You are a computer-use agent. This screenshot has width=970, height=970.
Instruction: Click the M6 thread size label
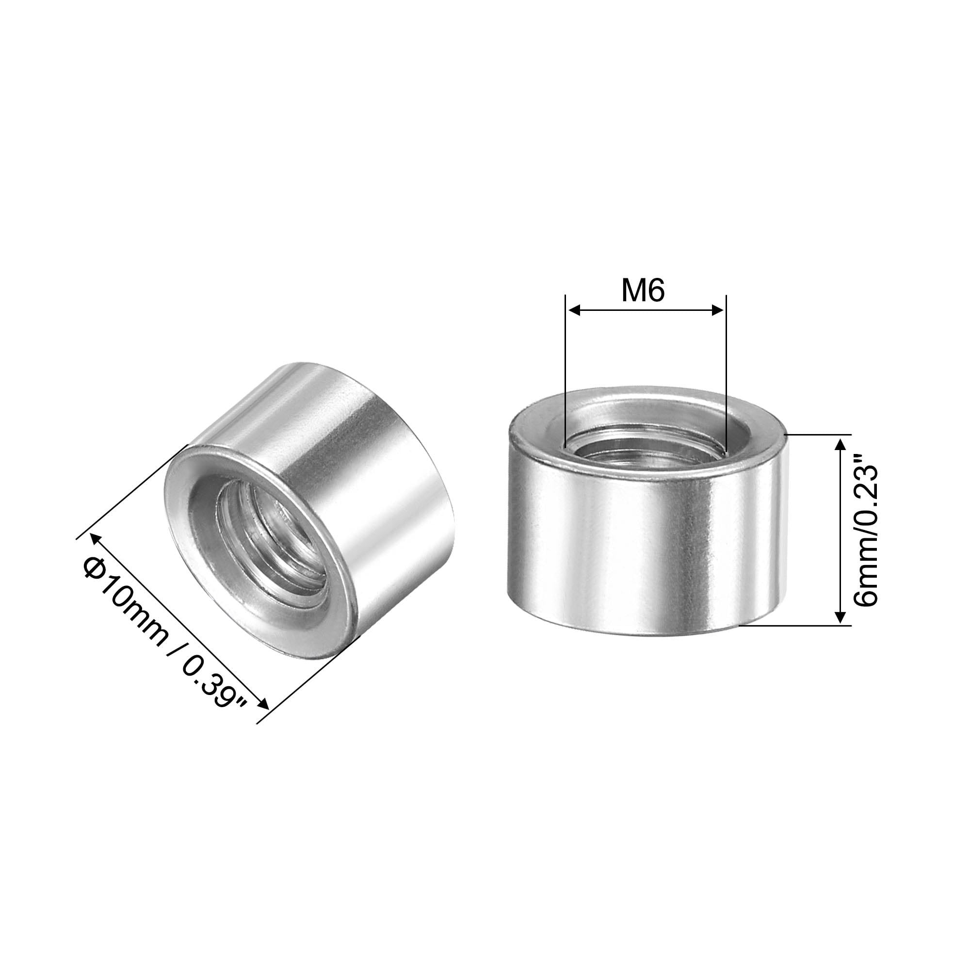coord(643,290)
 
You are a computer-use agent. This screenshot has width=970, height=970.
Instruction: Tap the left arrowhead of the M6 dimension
coord(573,311)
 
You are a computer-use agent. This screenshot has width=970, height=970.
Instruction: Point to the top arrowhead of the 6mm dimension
coord(839,441)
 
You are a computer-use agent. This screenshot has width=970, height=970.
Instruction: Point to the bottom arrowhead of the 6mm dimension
coord(839,618)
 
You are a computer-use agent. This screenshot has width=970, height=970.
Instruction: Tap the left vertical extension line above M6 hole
coord(566,372)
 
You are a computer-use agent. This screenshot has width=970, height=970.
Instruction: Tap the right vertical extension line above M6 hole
coord(726,372)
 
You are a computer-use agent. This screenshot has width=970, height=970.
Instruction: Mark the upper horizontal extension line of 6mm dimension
coord(818,434)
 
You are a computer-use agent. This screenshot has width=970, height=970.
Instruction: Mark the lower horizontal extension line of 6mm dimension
coord(798,626)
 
